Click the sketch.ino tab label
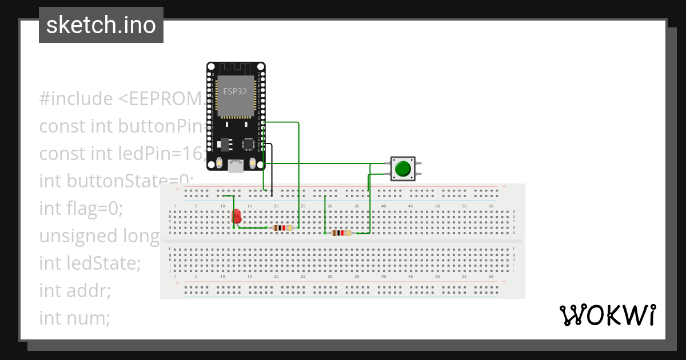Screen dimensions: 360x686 tap(101, 25)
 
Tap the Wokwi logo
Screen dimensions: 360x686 tap(607, 315)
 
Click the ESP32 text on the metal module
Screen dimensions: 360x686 tap(235, 91)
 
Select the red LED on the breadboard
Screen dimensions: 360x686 tap(237, 216)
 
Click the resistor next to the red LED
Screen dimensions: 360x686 tap(282, 228)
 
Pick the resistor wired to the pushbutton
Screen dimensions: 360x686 tap(341, 233)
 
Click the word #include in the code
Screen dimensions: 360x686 tap(76, 99)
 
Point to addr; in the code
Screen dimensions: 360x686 tap(90, 290)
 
